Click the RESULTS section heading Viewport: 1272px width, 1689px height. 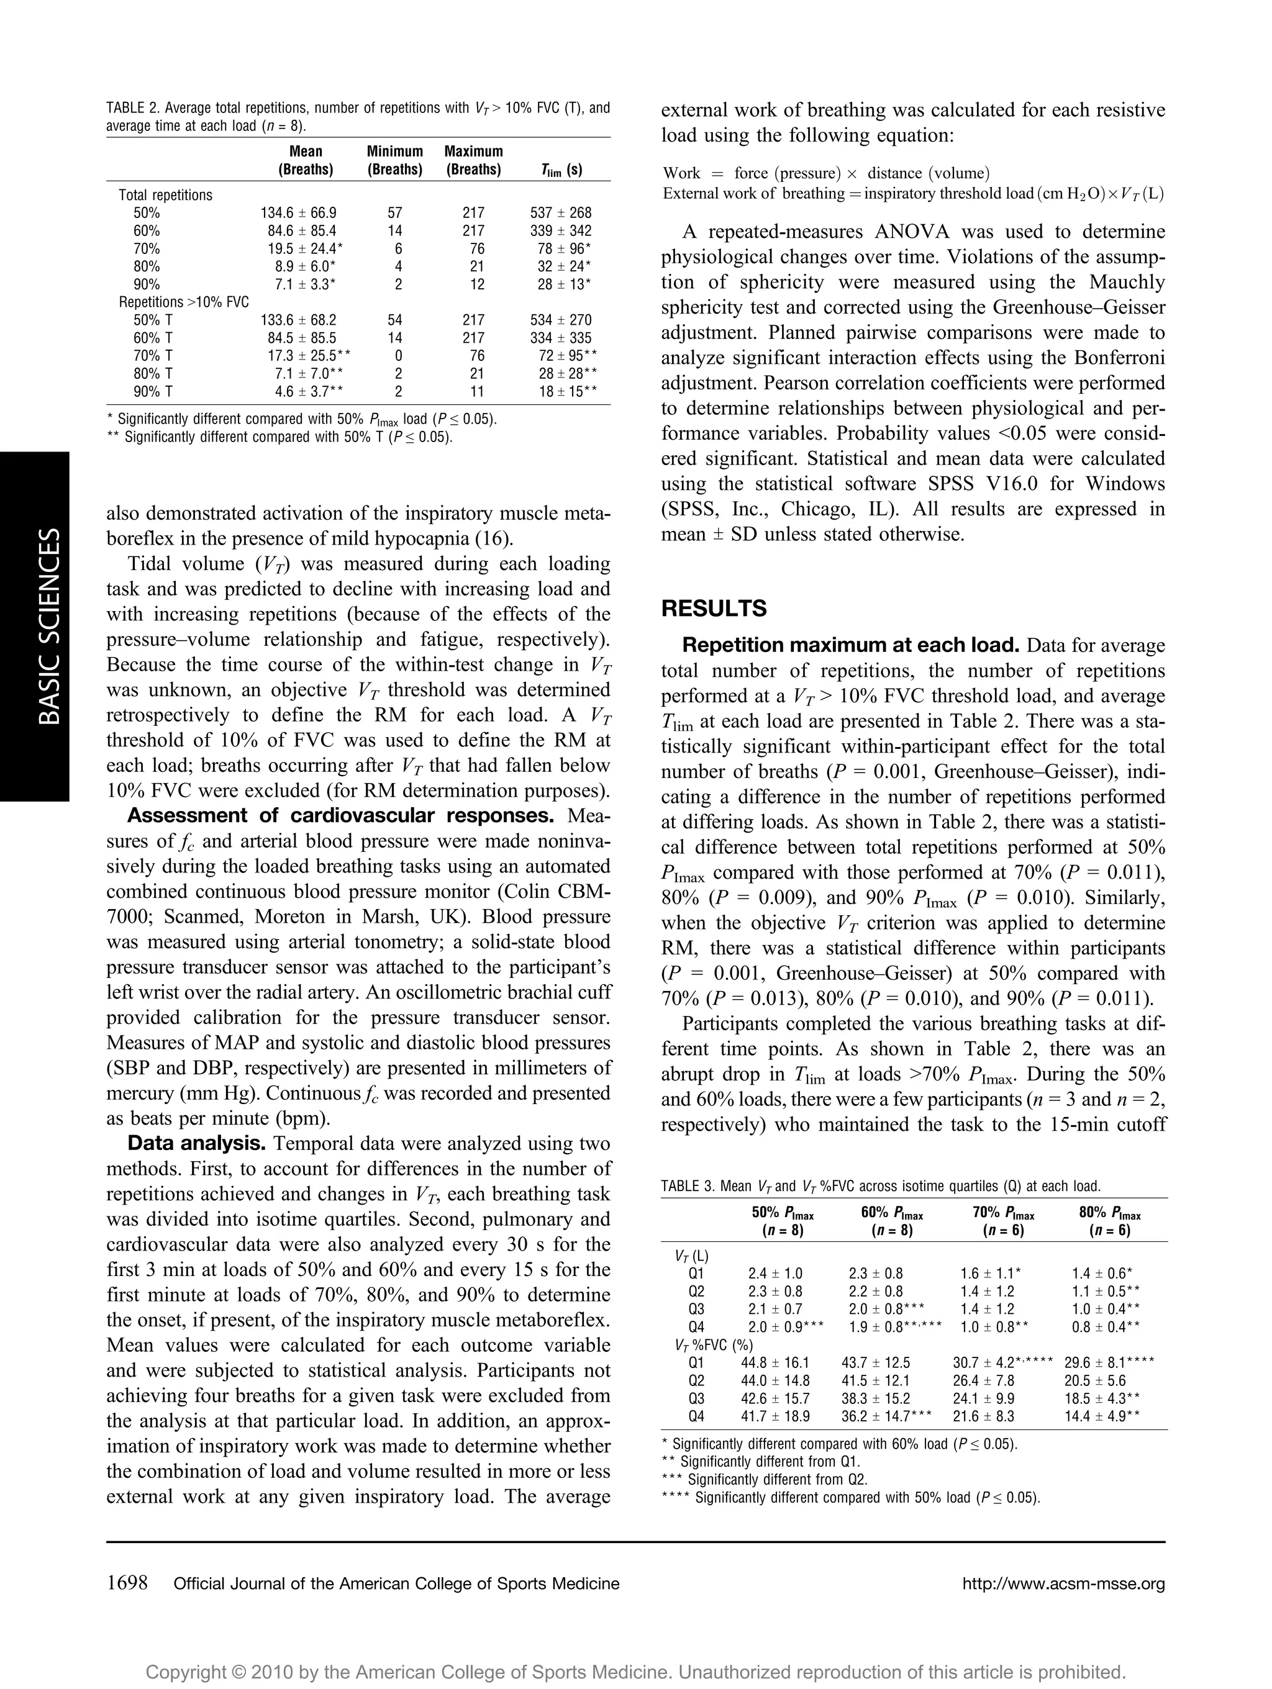tap(713, 609)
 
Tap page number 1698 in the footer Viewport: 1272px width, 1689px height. tap(127, 1583)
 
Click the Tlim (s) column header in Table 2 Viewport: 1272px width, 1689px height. tap(561, 170)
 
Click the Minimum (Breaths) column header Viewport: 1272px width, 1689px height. tap(395, 160)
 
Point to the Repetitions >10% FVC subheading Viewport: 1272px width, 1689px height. tap(183, 302)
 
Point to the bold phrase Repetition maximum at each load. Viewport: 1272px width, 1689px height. tap(850, 646)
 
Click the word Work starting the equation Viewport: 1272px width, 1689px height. tap(682, 173)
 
